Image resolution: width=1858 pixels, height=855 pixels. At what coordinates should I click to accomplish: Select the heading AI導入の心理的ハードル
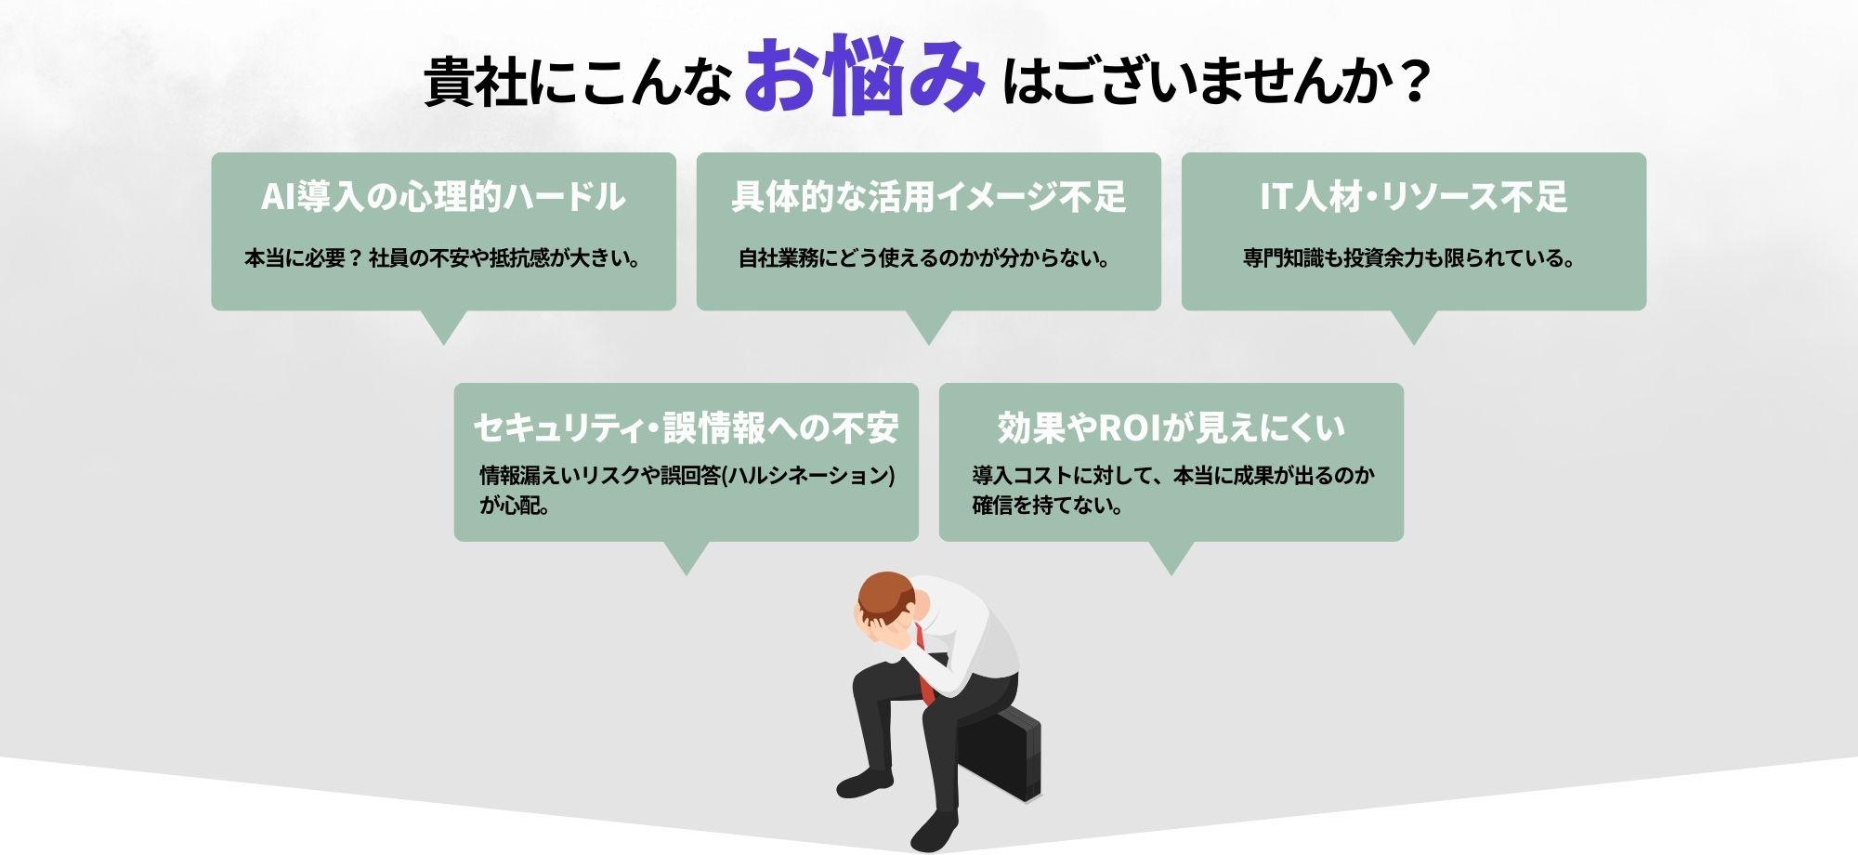pyautogui.click(x=443, y=197)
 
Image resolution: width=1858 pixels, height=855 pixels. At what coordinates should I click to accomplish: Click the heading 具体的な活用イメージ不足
pyautogui.click(x=928, y=197)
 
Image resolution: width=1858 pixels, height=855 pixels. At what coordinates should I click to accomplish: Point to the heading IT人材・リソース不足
pyautogui.click(x=1413, y=197)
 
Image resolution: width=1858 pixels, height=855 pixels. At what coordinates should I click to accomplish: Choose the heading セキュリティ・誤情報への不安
pyautogui.click(x=686, y=427)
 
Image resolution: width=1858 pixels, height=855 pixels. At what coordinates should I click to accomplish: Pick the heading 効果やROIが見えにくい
pyautogui.click(x=1171, y=427)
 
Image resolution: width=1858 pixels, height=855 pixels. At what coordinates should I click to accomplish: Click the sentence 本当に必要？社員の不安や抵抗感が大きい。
pyautogui.click(x=443, y=258)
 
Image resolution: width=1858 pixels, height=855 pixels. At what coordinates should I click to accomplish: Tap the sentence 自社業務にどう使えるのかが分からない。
pyautogui.click(x=925, y=258)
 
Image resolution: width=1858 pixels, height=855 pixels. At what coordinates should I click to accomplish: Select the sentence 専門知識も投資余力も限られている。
pyautogui.click(x=1410, y=258)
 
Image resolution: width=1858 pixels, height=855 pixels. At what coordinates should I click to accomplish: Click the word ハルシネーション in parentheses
pyautogui.click(x=807, y=476)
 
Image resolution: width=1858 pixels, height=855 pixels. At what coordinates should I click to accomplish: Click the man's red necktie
pyautogui.click(x=923, y=664)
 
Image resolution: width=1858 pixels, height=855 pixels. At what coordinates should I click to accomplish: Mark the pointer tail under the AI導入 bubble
pyautogui.click(x=443, y=325)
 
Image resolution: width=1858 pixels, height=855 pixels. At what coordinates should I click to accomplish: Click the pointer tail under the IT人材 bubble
pyautogui.click(x=1413, y=325)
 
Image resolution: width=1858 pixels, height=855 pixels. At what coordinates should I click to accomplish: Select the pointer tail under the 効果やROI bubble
pyautogui.click(x=1171, y=557)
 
